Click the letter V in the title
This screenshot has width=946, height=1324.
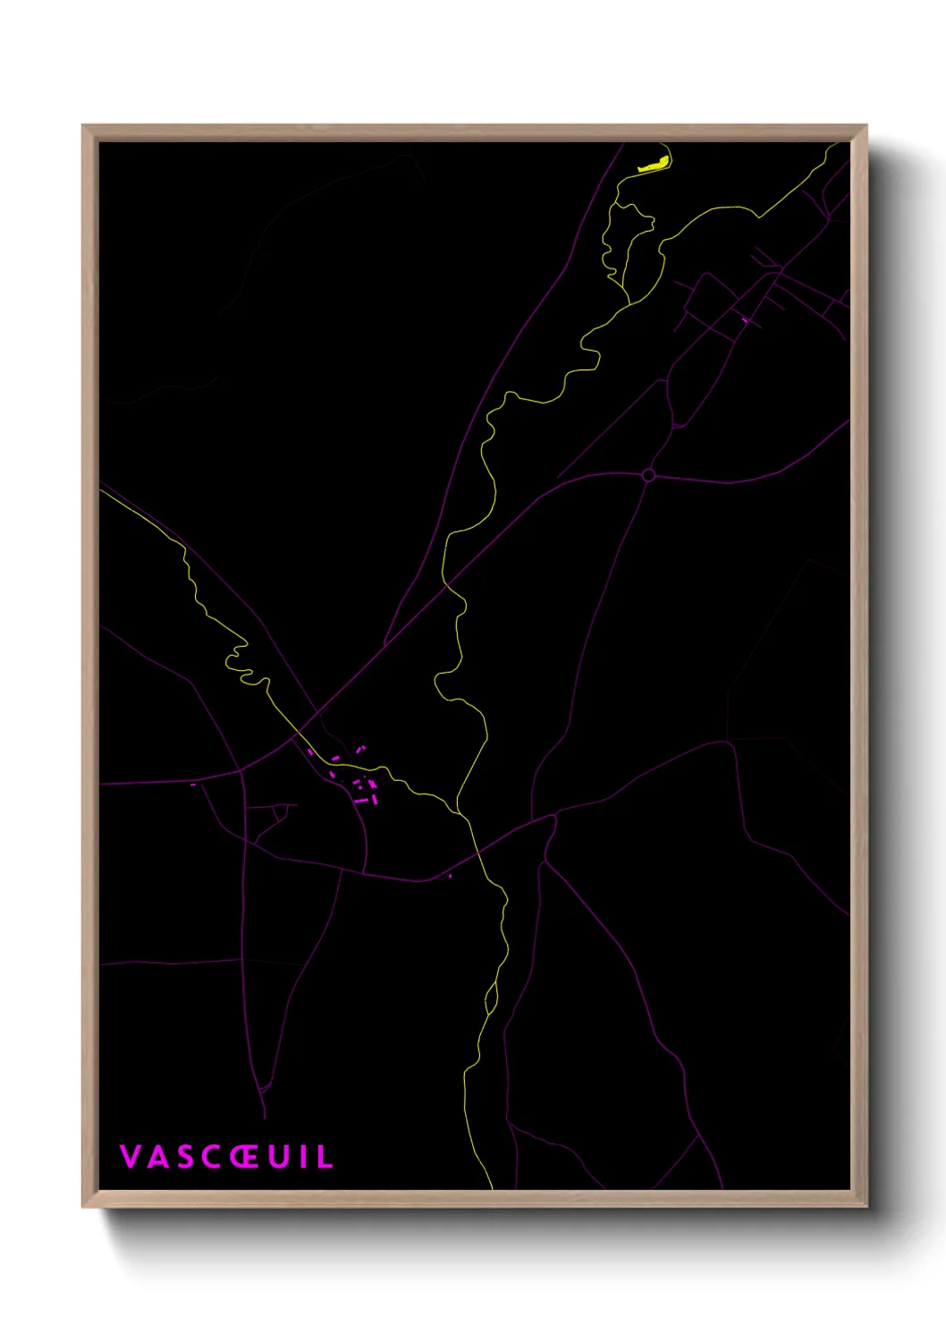coord(130,1157)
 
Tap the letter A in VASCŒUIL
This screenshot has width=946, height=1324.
coord(157,1157)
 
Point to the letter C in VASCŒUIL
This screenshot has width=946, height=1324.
coord(210,1157)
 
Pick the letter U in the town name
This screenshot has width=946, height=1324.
coord(278,1157)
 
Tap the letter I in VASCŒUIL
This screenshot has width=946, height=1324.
coord(302,1157)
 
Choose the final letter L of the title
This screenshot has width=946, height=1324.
coord(325,1157)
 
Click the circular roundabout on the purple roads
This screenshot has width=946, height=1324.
coord(648,475)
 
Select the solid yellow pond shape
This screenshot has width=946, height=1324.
coord(655,164)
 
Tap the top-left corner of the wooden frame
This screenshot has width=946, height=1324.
coord(84,127)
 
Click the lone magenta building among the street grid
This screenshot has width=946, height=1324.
coord(744,318)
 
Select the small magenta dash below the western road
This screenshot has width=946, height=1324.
coord(193,785)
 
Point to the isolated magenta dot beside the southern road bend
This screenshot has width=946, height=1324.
coord(450,877)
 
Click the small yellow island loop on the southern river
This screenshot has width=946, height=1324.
coord(490,997)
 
